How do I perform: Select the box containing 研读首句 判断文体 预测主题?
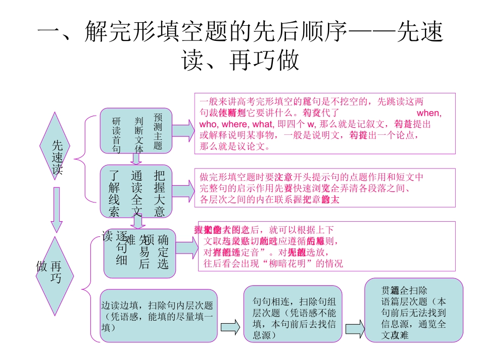(135, 131)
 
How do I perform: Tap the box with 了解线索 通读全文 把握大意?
(135, 187)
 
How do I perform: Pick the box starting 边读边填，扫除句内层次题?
(159, 316)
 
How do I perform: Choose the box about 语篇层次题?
(414, 310)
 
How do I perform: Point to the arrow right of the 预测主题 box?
(183, 131)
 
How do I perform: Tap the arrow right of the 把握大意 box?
(183, 187)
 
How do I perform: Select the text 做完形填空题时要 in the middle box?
(237, 177)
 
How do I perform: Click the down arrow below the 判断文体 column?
(135, 159)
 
